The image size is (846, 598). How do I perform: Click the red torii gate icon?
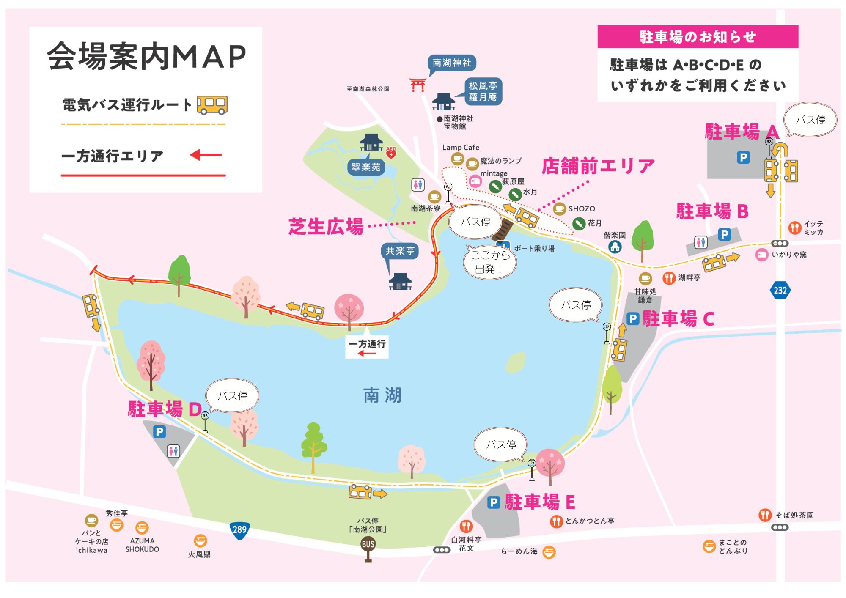pyautogui.click(x=418, y=85)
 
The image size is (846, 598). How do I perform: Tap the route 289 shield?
pyautogui.click(x=239, y=530)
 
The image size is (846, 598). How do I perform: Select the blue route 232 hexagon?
pyautogui.click(x=780, y=291)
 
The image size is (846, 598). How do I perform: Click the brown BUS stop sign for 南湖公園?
pyautogui.click(x=368, y=545)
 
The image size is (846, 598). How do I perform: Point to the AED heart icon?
pyautogui.click(x=391, y=153)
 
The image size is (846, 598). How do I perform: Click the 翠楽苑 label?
pyautogui.click(x=366, y=167)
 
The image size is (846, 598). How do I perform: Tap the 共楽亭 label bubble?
pyautogui.click(x=400, y=251)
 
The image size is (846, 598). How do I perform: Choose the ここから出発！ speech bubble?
pyautogui.click(x=490, y=262)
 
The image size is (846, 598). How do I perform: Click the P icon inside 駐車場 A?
pyautogui.click(x=743, y=158)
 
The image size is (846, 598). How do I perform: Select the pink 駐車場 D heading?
pyautogui.click(x=165, y=409)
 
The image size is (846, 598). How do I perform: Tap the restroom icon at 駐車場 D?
pyautogui.click(x=173, y=451)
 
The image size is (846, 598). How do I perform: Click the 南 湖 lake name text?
pyautogui.click(x=382, y=395)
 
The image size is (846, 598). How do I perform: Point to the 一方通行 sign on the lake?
pyautogui.click(x=367, y=347)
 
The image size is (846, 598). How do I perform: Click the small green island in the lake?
pyautogui.click(x=516, y=363)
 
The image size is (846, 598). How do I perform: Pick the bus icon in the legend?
pyautogui.click(x=212, y=104)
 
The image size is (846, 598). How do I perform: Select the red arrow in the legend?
pyautogui.click(x=206, y=155)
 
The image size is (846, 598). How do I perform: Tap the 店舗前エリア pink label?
pyautogui.click(x=598, y=166)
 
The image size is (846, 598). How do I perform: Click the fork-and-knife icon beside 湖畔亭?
pyautogui.click(x=669, y=278)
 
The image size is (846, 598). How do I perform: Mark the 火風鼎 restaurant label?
pyautogui.click(x=199, y=554)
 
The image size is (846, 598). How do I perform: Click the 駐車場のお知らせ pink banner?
pyautogui.click(x=698, y=37)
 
